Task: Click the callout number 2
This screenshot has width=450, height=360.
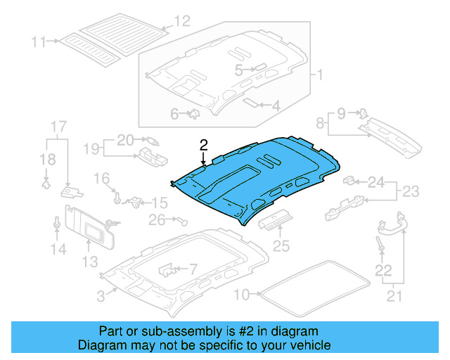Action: click(x=204, y=146)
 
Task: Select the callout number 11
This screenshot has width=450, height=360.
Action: click(x=38, y=41)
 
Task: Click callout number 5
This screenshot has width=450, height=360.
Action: click(x=239, y=70)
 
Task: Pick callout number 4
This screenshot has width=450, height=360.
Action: click(x=174, y=112)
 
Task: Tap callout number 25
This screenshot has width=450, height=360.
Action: click(x=281, y=246)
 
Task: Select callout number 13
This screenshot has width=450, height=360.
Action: click(x=89, y=262)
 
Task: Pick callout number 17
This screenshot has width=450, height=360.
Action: click(x=58, y=127)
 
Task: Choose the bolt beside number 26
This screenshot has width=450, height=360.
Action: click(x=184, y=221)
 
